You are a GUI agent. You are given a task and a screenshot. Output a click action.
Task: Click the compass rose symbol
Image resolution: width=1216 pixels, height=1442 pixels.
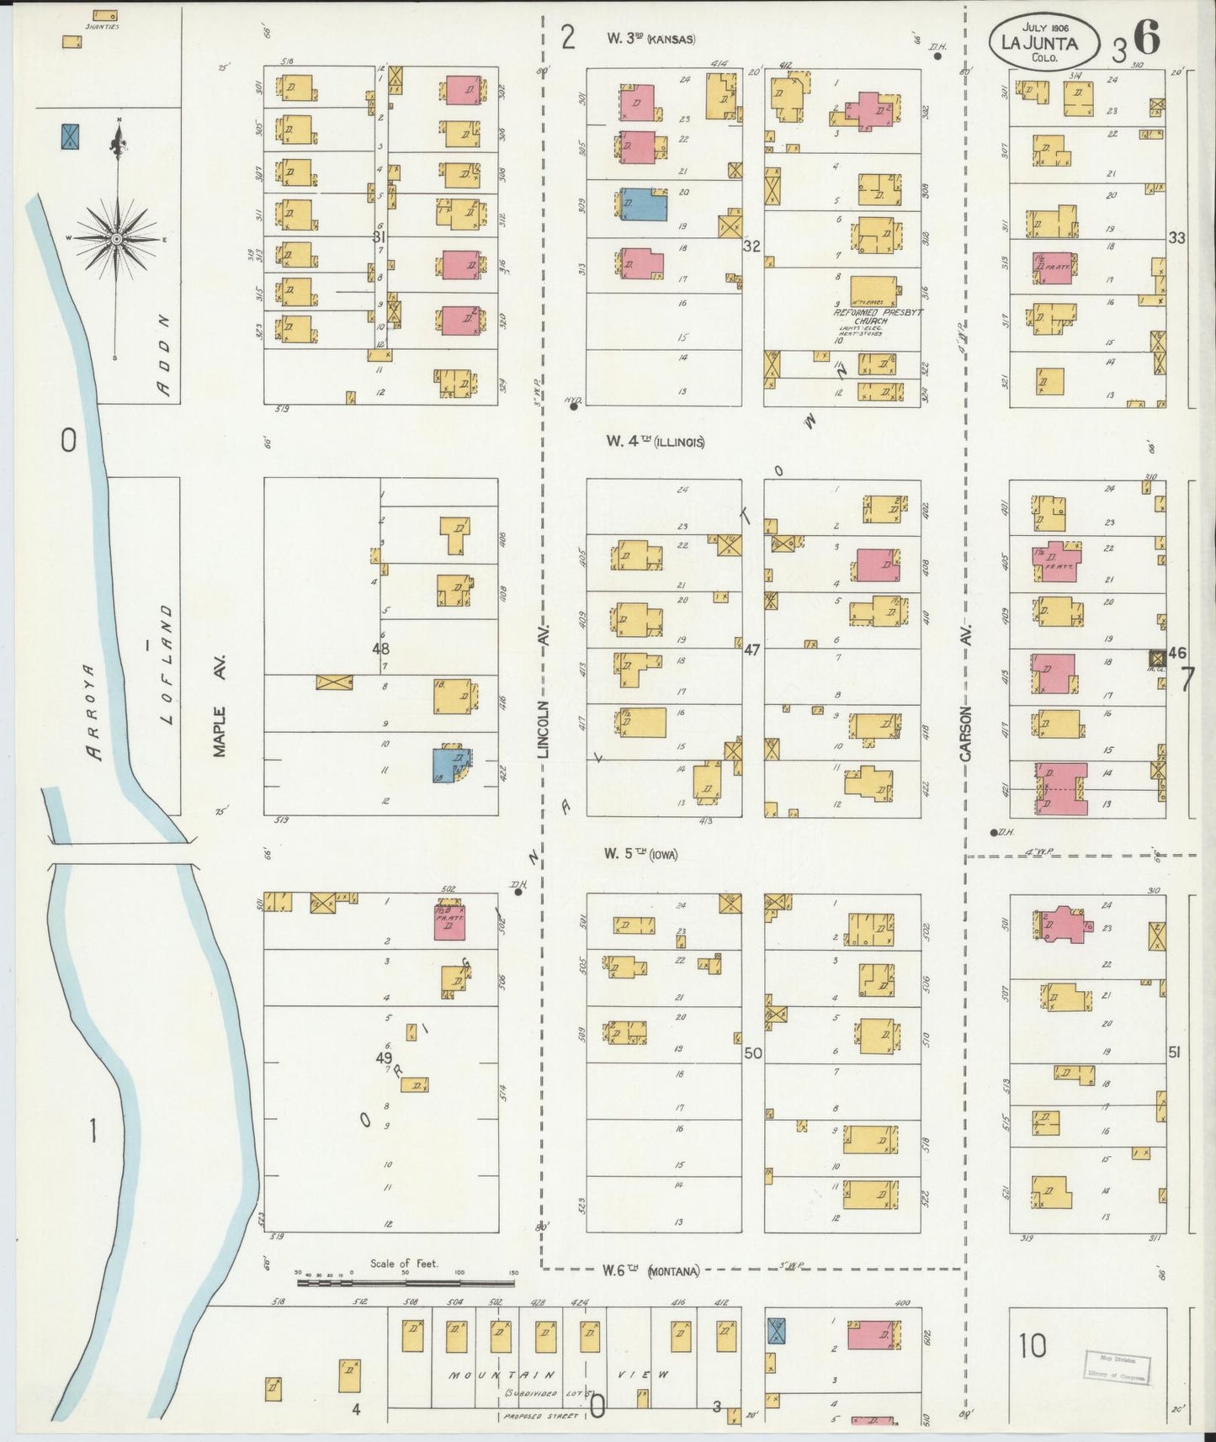[x=116, y=238]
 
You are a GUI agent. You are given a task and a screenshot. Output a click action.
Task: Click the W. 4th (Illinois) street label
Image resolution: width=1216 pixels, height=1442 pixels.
[x=654, y=442]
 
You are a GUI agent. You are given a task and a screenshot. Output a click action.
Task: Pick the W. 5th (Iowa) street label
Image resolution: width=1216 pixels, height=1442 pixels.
[x=640, y=854]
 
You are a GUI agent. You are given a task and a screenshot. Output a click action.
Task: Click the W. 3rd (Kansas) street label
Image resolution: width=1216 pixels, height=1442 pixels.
[x=651, y=38]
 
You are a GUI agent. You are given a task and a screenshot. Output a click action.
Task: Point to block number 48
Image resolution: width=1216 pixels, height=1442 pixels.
[x=381, y=649]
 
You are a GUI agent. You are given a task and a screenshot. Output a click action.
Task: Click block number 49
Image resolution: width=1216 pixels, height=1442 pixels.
[x=385, y=1058]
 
